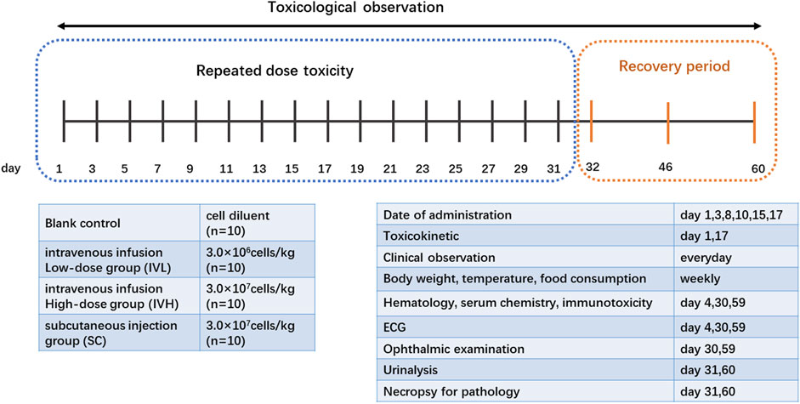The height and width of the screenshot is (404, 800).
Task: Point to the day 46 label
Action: [x=669, y=168]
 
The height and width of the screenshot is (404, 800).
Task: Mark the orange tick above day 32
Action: [x=591, y=121]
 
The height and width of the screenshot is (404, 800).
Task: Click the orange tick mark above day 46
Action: [x=668, y=121]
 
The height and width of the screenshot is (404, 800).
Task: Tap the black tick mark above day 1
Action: [x=65, y=121]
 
